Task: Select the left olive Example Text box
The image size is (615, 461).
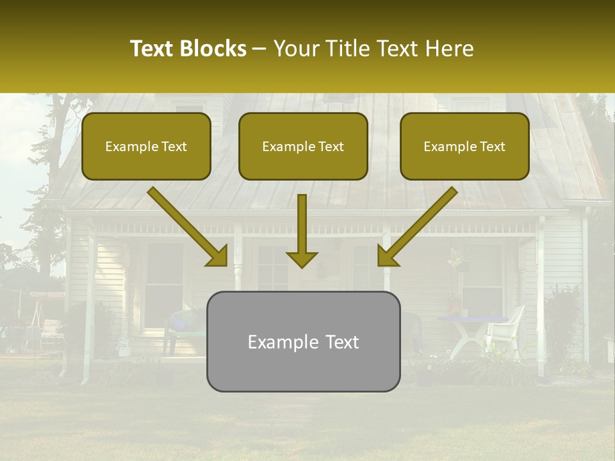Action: point(146,146)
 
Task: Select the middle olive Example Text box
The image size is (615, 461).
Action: point(303,146)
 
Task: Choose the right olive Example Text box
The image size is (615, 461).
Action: point(464,146)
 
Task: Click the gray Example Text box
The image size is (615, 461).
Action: point(303,341)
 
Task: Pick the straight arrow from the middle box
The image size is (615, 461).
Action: point(302,230)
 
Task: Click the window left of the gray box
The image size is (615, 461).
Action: point(164,282)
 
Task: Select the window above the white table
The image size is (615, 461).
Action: point(482,275)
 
